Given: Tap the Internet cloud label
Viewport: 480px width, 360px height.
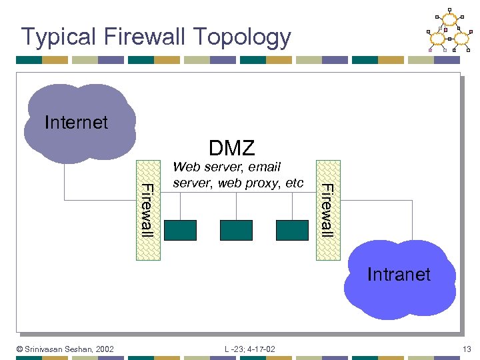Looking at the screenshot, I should coord(75,123).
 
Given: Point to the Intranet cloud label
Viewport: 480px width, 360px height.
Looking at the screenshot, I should coord(399,274).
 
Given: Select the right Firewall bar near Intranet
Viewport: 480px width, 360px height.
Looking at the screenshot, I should coord(327,209).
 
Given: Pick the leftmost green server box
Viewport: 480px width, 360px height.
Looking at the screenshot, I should coord(180,230).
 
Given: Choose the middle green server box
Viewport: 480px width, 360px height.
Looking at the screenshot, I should coord(236,230).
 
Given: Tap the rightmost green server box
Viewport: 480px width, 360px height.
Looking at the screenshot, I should coord(292,230).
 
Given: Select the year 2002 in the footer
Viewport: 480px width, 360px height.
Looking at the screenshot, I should coord(105,349).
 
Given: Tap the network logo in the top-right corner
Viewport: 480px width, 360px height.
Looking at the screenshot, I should coord(449,31).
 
